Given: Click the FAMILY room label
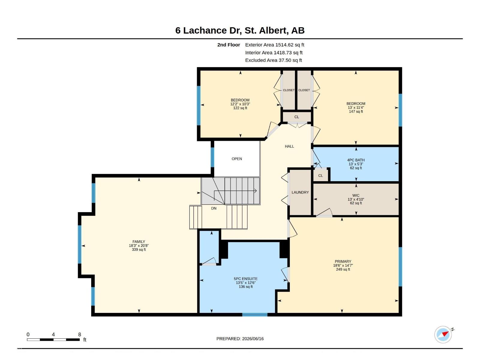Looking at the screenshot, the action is click(x=139, y=241).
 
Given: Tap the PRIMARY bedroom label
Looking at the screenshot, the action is click(x=343, y=261).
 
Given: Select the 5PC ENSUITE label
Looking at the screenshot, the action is click(x=246, y=279).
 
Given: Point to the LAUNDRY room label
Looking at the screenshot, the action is click(x=300, y=192).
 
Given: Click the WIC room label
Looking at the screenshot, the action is click(x=356, y=195).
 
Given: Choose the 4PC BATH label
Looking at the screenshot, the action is click(x=356, y=160).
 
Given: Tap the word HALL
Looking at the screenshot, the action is click(x=289, y=146).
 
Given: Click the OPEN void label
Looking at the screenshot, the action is click(x=237, y=159).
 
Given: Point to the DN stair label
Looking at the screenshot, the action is click(x=214, y=208).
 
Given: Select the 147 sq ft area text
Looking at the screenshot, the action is click(x=356, y=112).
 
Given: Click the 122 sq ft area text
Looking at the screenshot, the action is click(x=240, y=108).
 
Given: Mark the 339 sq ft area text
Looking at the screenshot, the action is click(x=139, y=249).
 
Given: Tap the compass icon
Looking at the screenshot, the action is click(x=443, y=334).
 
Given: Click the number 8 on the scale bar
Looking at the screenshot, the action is click(x=79, y=334).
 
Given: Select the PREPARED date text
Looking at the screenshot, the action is click(x=240, y=339).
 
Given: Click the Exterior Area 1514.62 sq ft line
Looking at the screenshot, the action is click(x=274, y=45).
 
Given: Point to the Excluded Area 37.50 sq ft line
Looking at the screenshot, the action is click(x=273, y=60).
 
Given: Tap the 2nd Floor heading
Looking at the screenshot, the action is click(x=229, y=45).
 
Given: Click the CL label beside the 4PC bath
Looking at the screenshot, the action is click(x=320, y=175).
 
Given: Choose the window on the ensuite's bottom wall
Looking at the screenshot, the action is click(x=255, y=315).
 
